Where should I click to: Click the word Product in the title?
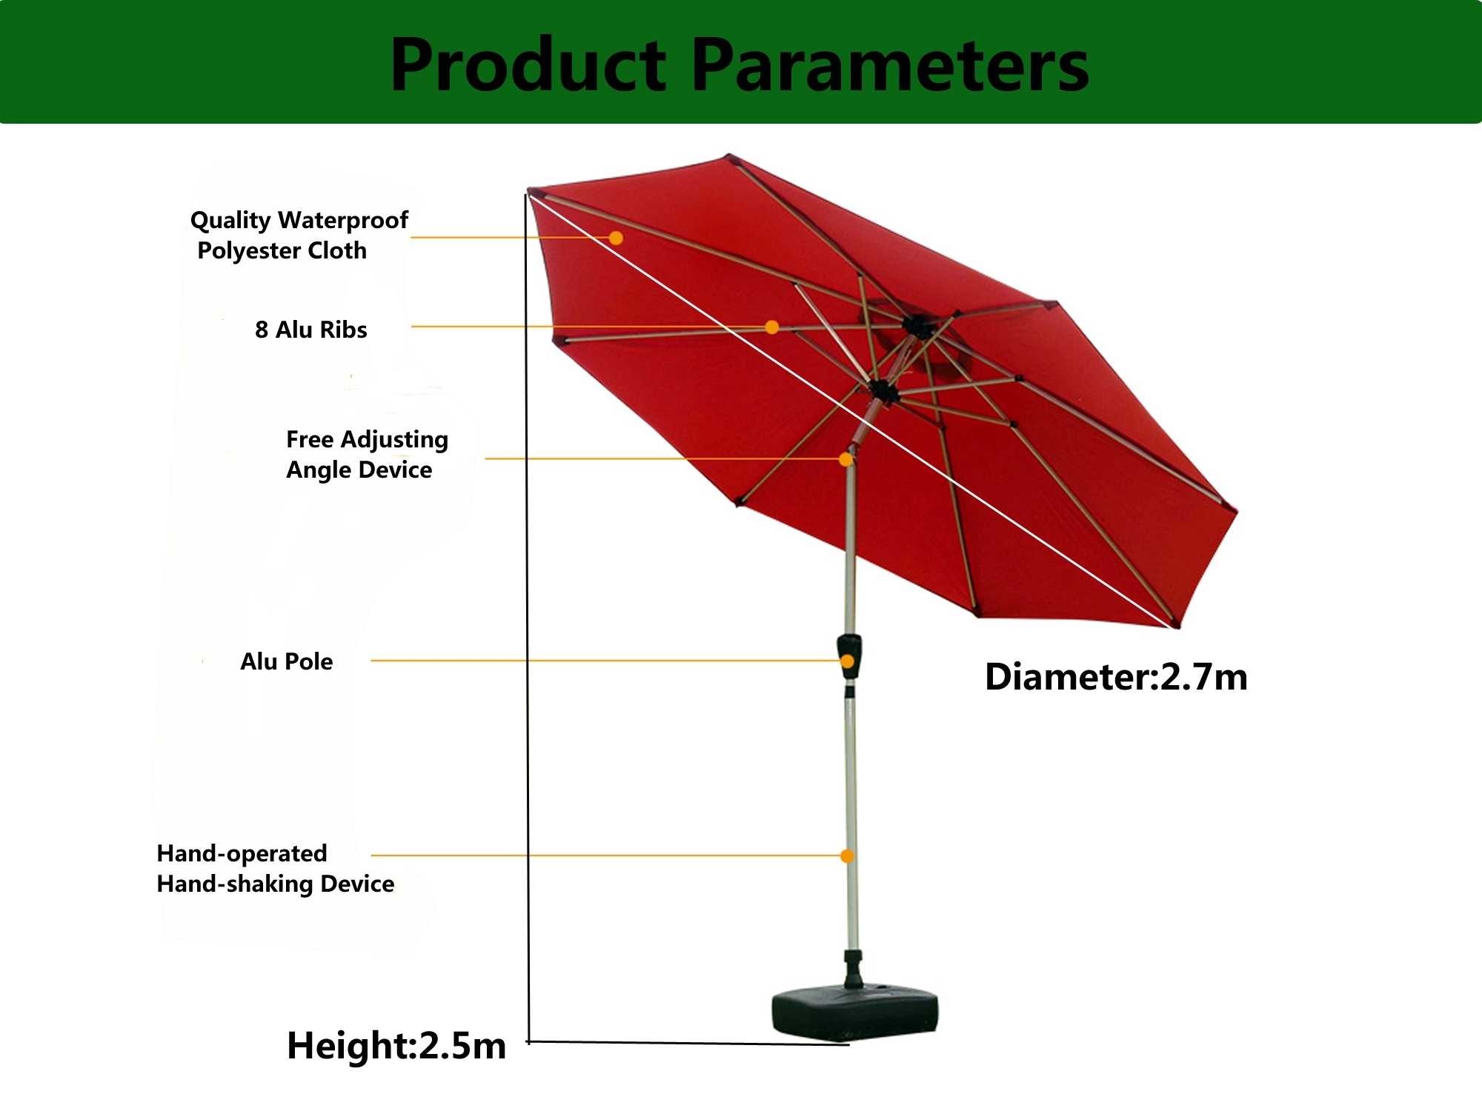[528, 65]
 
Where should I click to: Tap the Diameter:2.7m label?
[1116, 677]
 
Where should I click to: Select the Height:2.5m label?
[396, 1046]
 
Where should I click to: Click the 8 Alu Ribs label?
[311, 330]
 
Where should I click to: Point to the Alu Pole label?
[287, 661]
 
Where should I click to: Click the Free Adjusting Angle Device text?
[367, 454]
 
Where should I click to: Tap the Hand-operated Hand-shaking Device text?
[275, 868]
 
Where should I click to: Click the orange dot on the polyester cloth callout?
[616, 238]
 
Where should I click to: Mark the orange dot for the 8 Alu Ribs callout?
[772, 327]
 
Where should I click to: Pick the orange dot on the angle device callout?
[845, 459]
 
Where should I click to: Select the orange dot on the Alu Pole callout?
[848, 661]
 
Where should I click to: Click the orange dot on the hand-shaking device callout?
[847, 856]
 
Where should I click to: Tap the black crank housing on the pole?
[849, 656]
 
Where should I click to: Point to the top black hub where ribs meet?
[917, 326]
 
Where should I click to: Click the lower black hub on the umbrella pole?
[883, 390]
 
